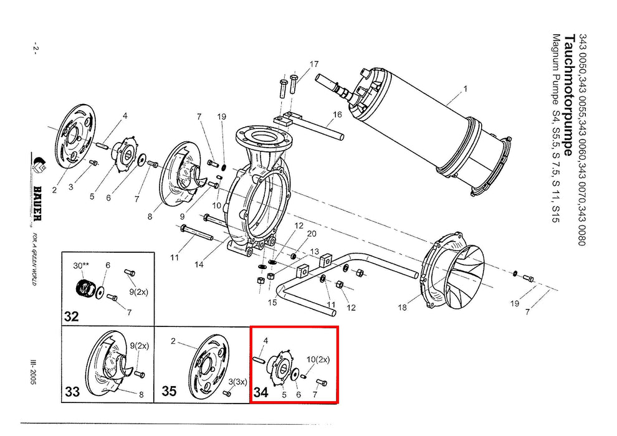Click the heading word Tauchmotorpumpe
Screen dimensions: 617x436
tap(570, 95)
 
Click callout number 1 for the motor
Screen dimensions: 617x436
tap(466, 89)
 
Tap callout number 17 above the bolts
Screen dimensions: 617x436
tap(314, 64)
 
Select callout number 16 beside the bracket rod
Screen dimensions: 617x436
tap(337, 115)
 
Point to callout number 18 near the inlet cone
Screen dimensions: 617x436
tap(402, 308)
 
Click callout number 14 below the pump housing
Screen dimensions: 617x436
tap(199, 265)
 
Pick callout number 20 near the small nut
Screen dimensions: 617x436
tap(312, 234)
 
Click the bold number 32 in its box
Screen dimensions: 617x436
tap(71, 316)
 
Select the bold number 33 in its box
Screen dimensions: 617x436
tap(72, 392)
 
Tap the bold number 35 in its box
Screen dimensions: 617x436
tap(169, 391)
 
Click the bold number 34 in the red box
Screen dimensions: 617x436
tap(261, 392)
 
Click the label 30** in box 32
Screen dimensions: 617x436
tap(81, 265)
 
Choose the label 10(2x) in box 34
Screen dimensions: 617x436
tap(318, 359)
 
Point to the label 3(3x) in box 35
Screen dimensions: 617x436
tap(237, 381)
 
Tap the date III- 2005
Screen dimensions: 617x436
tap(34, 371)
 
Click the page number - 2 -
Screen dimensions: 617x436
tap(35, 47)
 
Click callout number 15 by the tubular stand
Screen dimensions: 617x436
tap(272, 302)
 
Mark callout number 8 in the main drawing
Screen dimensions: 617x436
tap(150, 217)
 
